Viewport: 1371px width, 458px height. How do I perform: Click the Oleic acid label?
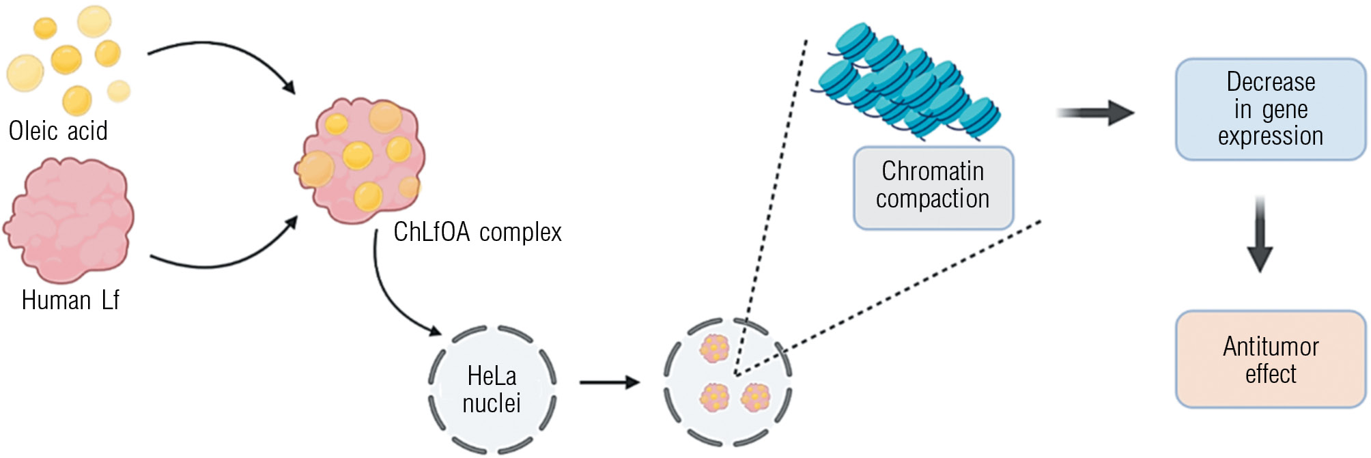(x=58, y=130)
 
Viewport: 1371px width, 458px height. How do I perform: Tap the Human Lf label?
(x=70, y=300)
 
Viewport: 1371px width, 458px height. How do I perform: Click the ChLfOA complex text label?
(x=477, y=232)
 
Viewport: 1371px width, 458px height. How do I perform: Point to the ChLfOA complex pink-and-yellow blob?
(x=361, y=160)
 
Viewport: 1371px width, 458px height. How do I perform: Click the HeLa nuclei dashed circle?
(x=492, y=389)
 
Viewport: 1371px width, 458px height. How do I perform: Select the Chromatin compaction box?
(x=933, y=188)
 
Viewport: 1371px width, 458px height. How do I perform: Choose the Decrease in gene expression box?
(x=1270, y=109)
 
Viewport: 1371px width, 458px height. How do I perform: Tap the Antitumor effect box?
(x=1270, y=360)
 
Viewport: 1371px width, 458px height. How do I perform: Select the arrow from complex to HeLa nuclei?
(x=393, y=294)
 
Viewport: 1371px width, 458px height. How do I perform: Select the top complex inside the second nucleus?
(x=714, y=348)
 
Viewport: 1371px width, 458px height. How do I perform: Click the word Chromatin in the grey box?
(x=933, y=171)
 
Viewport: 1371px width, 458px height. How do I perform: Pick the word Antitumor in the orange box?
(x=1270, y=347)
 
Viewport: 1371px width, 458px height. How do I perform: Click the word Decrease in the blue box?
(x=1270, y=82)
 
